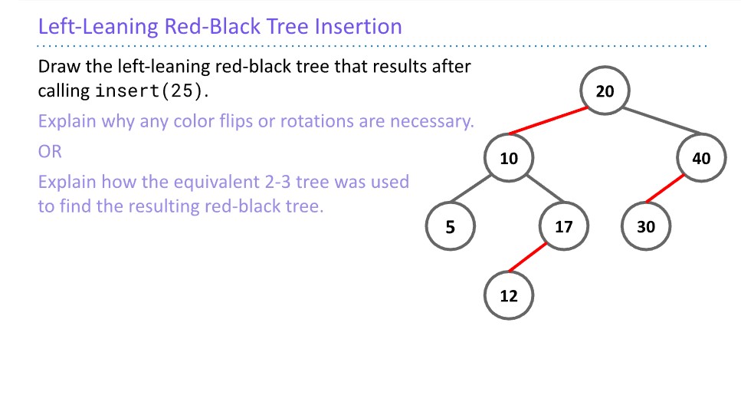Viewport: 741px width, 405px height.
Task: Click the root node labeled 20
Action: (605, 91)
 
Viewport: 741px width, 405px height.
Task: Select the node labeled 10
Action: (509, 159)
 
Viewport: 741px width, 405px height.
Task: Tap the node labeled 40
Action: (701, 159)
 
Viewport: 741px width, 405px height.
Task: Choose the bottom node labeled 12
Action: (509, 295)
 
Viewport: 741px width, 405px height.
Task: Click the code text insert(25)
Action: (150, 91)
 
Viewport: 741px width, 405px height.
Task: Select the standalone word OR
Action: (50, 152)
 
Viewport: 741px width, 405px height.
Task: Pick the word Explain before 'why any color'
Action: (64, 121)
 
